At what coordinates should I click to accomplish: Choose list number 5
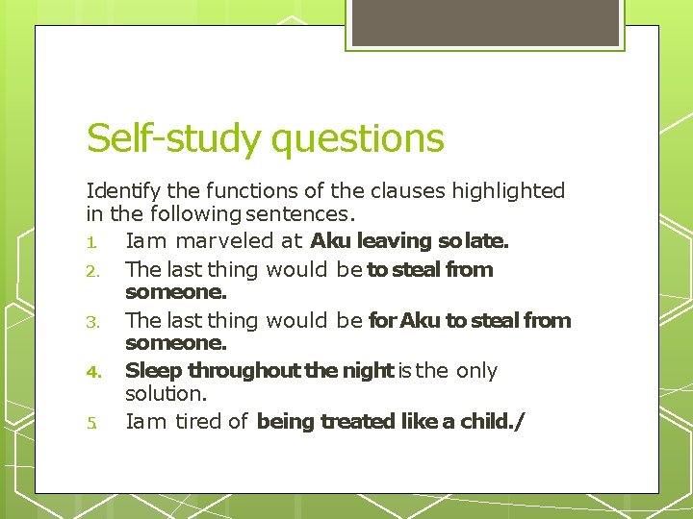[x=91, y=422]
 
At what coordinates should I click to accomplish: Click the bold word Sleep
[x=154, y=371]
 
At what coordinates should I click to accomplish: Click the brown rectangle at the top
[x=484, y=24]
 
